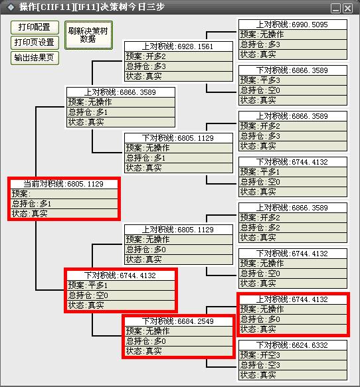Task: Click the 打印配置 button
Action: (35, 27)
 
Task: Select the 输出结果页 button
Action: (35, 58)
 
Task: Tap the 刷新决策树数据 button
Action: (88, 35)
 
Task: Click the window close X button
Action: (348, 8)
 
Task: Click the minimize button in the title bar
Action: (335, 8)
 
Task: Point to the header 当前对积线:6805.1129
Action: (64, 184)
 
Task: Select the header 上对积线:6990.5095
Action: (293, 25)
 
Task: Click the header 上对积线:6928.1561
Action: (178, 46)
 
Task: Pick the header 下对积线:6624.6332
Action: (293, 345)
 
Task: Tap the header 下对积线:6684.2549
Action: (178, 321)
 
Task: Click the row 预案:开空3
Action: (293, 355)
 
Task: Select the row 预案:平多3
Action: (293, 80)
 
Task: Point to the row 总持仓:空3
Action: (293, 365)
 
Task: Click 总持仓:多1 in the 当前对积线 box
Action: (64, 204)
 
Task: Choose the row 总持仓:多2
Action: (293, 228)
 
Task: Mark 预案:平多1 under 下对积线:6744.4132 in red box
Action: (121, 285)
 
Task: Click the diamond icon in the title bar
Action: (11, 7)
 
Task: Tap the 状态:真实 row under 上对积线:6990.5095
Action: (293, 54)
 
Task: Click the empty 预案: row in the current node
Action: (64, 194)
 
